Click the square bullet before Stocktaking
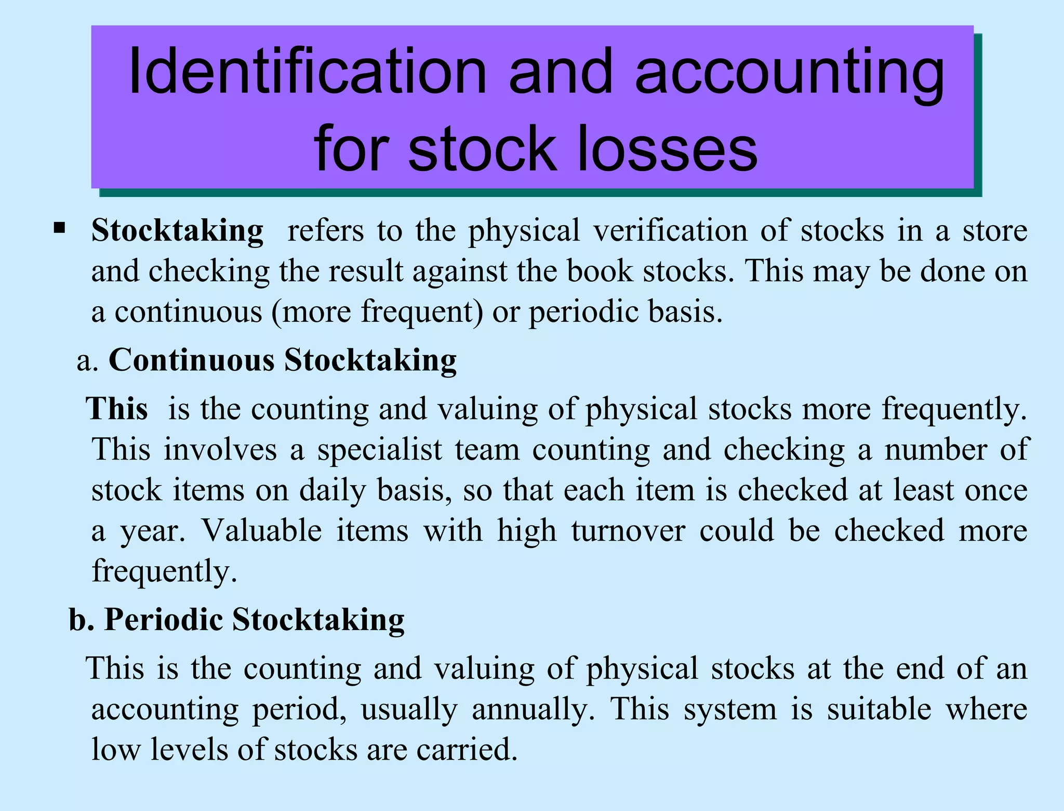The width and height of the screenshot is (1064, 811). pyautogui.click(x=59, y=227)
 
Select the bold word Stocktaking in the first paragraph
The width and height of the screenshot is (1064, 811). pyautogui.click(x=178, y=230)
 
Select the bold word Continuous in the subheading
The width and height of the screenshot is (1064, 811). pyautogui.click(x=191, y=360)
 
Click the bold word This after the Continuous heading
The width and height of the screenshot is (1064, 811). pyautogui.click(x=118, y=409)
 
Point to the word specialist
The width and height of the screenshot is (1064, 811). pyautogui.click(x=380, y=449)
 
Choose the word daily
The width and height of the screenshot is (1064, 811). pyautogui.click(x=332, y=490)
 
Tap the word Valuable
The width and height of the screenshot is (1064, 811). pyautogui.click(x=261, y=531)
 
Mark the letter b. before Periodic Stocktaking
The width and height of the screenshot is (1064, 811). pyautogui.click(x=82, y=620)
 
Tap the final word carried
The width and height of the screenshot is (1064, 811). pyautogui.click(x=467, y=750)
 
